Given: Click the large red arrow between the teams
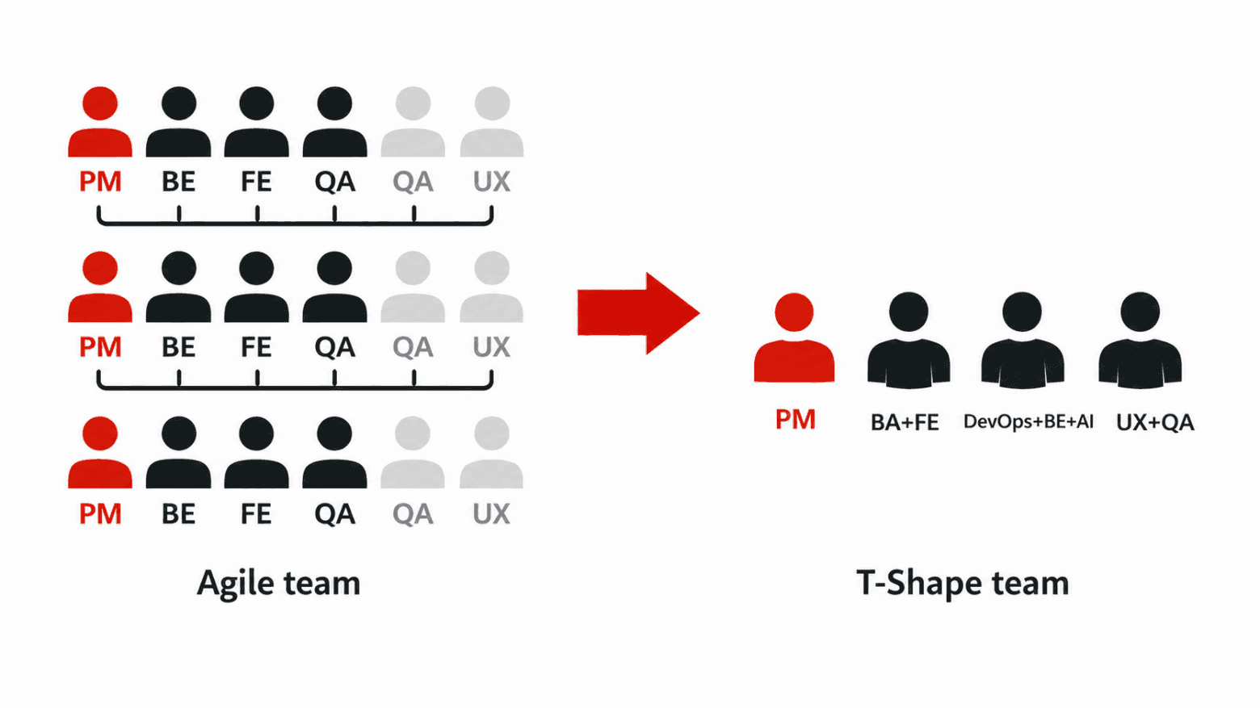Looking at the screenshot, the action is [638, 313].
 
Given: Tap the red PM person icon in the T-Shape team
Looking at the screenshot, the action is [794, 337].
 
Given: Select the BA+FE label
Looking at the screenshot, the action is [905, 422].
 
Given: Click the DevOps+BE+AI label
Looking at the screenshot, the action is [1028, 421].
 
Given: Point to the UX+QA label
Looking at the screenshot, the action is [1155, 422].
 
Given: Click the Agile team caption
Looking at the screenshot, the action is [279, 584].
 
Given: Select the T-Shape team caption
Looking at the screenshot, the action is [963, 584].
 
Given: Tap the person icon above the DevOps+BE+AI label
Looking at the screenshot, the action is [1023, 340].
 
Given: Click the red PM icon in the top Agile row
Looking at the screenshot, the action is [100, 121].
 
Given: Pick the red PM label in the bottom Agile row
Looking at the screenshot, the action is [100, 514].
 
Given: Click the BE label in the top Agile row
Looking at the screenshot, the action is [178, 182].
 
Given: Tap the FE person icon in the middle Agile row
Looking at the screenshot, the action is [257, 287].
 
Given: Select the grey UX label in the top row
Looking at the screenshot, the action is [492, 182].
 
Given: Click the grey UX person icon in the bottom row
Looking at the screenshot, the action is [492, 452].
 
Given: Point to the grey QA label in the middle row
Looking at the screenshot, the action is [413, 347].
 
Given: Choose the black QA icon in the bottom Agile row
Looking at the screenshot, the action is [334, 452].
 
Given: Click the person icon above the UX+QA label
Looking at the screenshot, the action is [1140, 340].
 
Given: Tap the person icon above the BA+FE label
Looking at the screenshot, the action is [909, 340].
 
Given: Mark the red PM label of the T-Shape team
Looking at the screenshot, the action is [796, 420].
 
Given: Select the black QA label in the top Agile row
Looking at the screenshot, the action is [334, 182].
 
